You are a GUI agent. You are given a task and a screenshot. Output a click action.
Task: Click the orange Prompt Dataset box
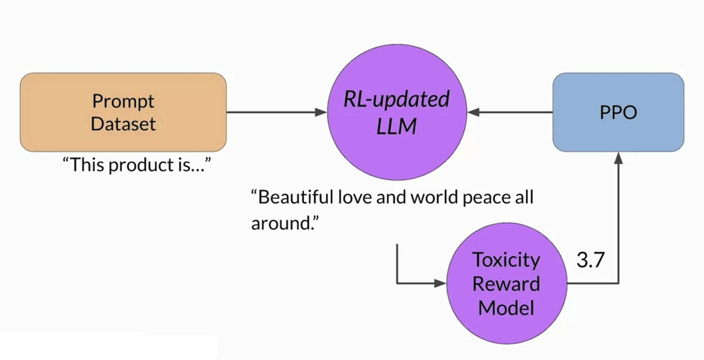click(123, 112)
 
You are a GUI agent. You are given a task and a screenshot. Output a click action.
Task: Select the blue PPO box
click(618, 112)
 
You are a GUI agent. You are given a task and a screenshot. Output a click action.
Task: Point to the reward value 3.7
click(590, 260)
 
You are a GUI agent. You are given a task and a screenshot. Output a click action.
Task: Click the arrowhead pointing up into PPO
click(619, 157)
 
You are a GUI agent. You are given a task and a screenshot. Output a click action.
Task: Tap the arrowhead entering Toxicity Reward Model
click(441, 284)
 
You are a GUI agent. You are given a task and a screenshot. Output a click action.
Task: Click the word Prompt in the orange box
click(123, 101)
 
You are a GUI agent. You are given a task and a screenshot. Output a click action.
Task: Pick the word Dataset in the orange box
click(123, 124)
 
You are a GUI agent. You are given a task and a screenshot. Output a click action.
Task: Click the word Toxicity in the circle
click(506, 260)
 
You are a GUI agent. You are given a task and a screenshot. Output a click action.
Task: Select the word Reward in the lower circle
click(506, 284)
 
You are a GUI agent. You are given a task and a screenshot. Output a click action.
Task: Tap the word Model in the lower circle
click(506, 307)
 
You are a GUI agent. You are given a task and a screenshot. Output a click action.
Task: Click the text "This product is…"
click(136, 165)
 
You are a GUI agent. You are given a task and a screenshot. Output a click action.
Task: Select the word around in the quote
click(284, 223)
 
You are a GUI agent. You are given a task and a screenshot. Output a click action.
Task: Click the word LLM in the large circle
click(396, 126)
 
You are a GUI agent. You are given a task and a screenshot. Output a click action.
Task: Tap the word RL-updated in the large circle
click(396, 100)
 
